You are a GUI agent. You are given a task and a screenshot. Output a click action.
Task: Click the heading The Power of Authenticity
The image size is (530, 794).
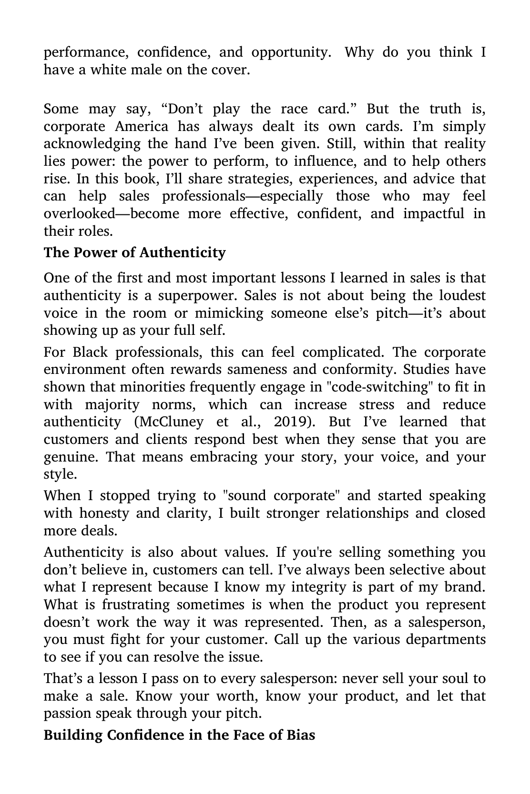134,252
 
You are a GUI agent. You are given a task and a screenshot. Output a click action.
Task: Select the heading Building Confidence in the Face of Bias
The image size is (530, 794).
179,735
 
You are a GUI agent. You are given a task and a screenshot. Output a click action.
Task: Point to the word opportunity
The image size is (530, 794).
291,52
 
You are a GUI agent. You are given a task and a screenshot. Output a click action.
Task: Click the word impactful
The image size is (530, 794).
433,214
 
